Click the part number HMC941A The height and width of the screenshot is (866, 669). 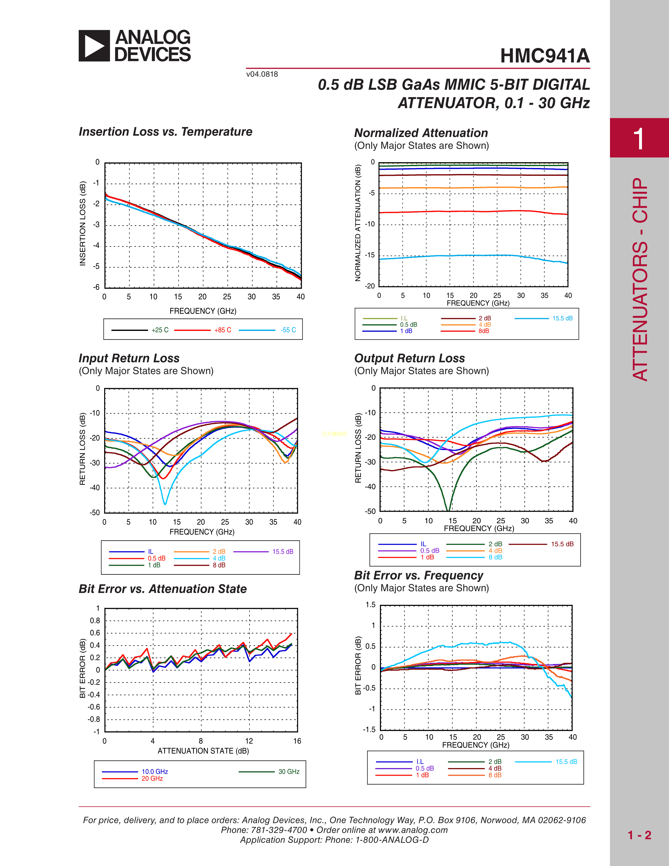tap(545, 56)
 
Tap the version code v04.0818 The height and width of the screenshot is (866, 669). tap(262, 74)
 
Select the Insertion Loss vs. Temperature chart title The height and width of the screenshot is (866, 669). tap(165, 132)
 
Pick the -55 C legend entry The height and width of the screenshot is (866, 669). tap(288, 330)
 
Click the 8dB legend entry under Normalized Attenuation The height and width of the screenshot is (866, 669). tap(484, 331)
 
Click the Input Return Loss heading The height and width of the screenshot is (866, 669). tap(129, 358)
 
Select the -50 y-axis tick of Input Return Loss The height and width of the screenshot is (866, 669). tap(95, 513)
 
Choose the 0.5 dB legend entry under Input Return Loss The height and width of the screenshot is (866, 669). tap(157, 558)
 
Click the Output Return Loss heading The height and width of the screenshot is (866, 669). tap(410, 358)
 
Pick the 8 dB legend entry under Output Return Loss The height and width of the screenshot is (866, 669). tap(495, 557)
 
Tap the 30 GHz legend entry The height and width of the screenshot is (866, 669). tap(289, 772)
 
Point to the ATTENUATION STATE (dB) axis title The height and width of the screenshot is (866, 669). tap(203, 751)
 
